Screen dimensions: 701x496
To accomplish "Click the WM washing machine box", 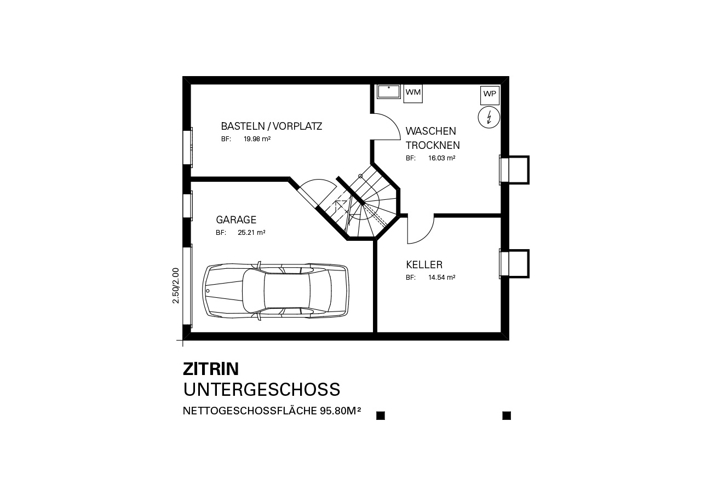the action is [x=413, y=94].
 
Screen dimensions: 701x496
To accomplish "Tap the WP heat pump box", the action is [x=490, y=95].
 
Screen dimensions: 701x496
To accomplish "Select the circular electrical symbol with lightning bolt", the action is [x=489, y=117].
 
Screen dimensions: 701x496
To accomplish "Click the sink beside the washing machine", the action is [x=389, y=91].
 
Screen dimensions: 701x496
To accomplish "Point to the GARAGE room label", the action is [x=236, y=220].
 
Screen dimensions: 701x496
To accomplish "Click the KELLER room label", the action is [x=424, y=265].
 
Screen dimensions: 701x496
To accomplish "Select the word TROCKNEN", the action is [x=433, y=146].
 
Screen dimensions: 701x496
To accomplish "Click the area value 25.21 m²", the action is [x=251, y=233].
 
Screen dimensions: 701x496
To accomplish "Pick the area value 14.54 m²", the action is [x=441, y=278].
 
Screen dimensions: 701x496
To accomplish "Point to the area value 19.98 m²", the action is [x=257, y=139].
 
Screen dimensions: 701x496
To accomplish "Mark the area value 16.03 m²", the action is [x=441, y=158].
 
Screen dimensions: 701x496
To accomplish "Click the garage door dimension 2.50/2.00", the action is [x=176, y=286].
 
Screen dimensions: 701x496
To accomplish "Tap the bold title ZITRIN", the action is [x=211, y=369].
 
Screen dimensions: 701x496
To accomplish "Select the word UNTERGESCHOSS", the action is [x=262, y=390].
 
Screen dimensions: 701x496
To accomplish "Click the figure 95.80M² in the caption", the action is [x=341, y=411].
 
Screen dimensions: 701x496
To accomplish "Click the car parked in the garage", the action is [x=275, y=291].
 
